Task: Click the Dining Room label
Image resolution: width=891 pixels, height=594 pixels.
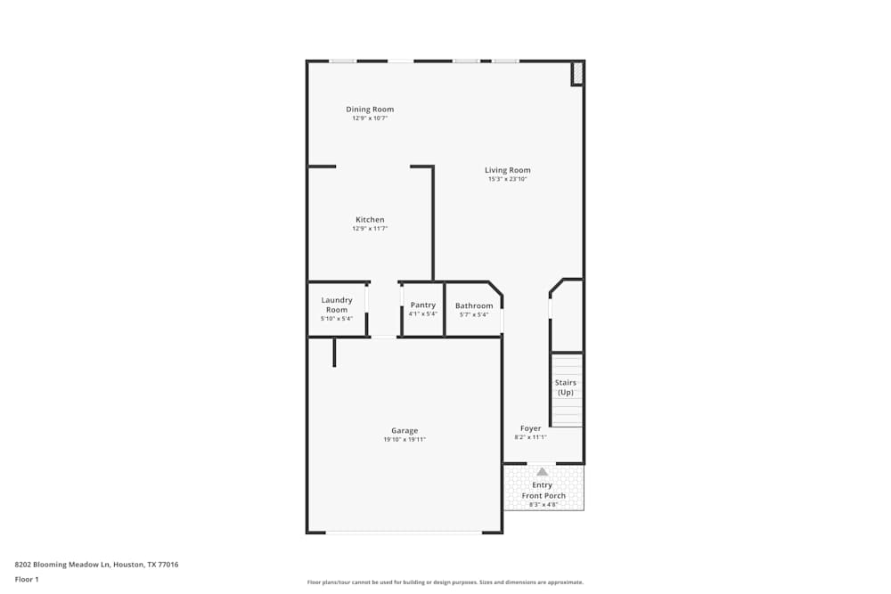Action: [370, 110]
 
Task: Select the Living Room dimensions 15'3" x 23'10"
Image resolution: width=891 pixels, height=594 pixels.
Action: [508, 179]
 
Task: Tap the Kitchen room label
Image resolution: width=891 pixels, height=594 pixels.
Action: [370, 220]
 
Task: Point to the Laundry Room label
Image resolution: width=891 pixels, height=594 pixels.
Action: [337, 305]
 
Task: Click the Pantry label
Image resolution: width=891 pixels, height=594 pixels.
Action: [422, 305]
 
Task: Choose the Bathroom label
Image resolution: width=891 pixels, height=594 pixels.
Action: [474, 305]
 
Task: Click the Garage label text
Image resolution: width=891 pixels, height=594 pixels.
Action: [405, 431]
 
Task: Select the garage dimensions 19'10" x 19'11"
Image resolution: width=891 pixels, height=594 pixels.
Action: [405, 440]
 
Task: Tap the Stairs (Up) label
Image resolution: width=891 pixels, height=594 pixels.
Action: [566, 387]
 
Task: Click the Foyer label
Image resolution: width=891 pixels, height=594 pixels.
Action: [531, 428]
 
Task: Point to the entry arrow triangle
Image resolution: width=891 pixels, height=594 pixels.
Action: [542, 471]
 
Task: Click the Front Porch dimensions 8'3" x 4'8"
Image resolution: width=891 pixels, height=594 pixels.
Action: [543, 505]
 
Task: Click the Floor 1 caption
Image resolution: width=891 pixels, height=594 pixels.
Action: [27, 579]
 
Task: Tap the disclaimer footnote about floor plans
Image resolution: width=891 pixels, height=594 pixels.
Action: [445, 582]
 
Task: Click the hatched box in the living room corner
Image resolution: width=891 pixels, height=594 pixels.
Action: [577, 73]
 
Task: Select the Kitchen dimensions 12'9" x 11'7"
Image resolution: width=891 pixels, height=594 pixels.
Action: [370, 229]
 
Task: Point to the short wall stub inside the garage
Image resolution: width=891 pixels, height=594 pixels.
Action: [334, 353]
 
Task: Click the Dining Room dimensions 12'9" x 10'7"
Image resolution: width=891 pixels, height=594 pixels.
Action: [370, 118]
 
